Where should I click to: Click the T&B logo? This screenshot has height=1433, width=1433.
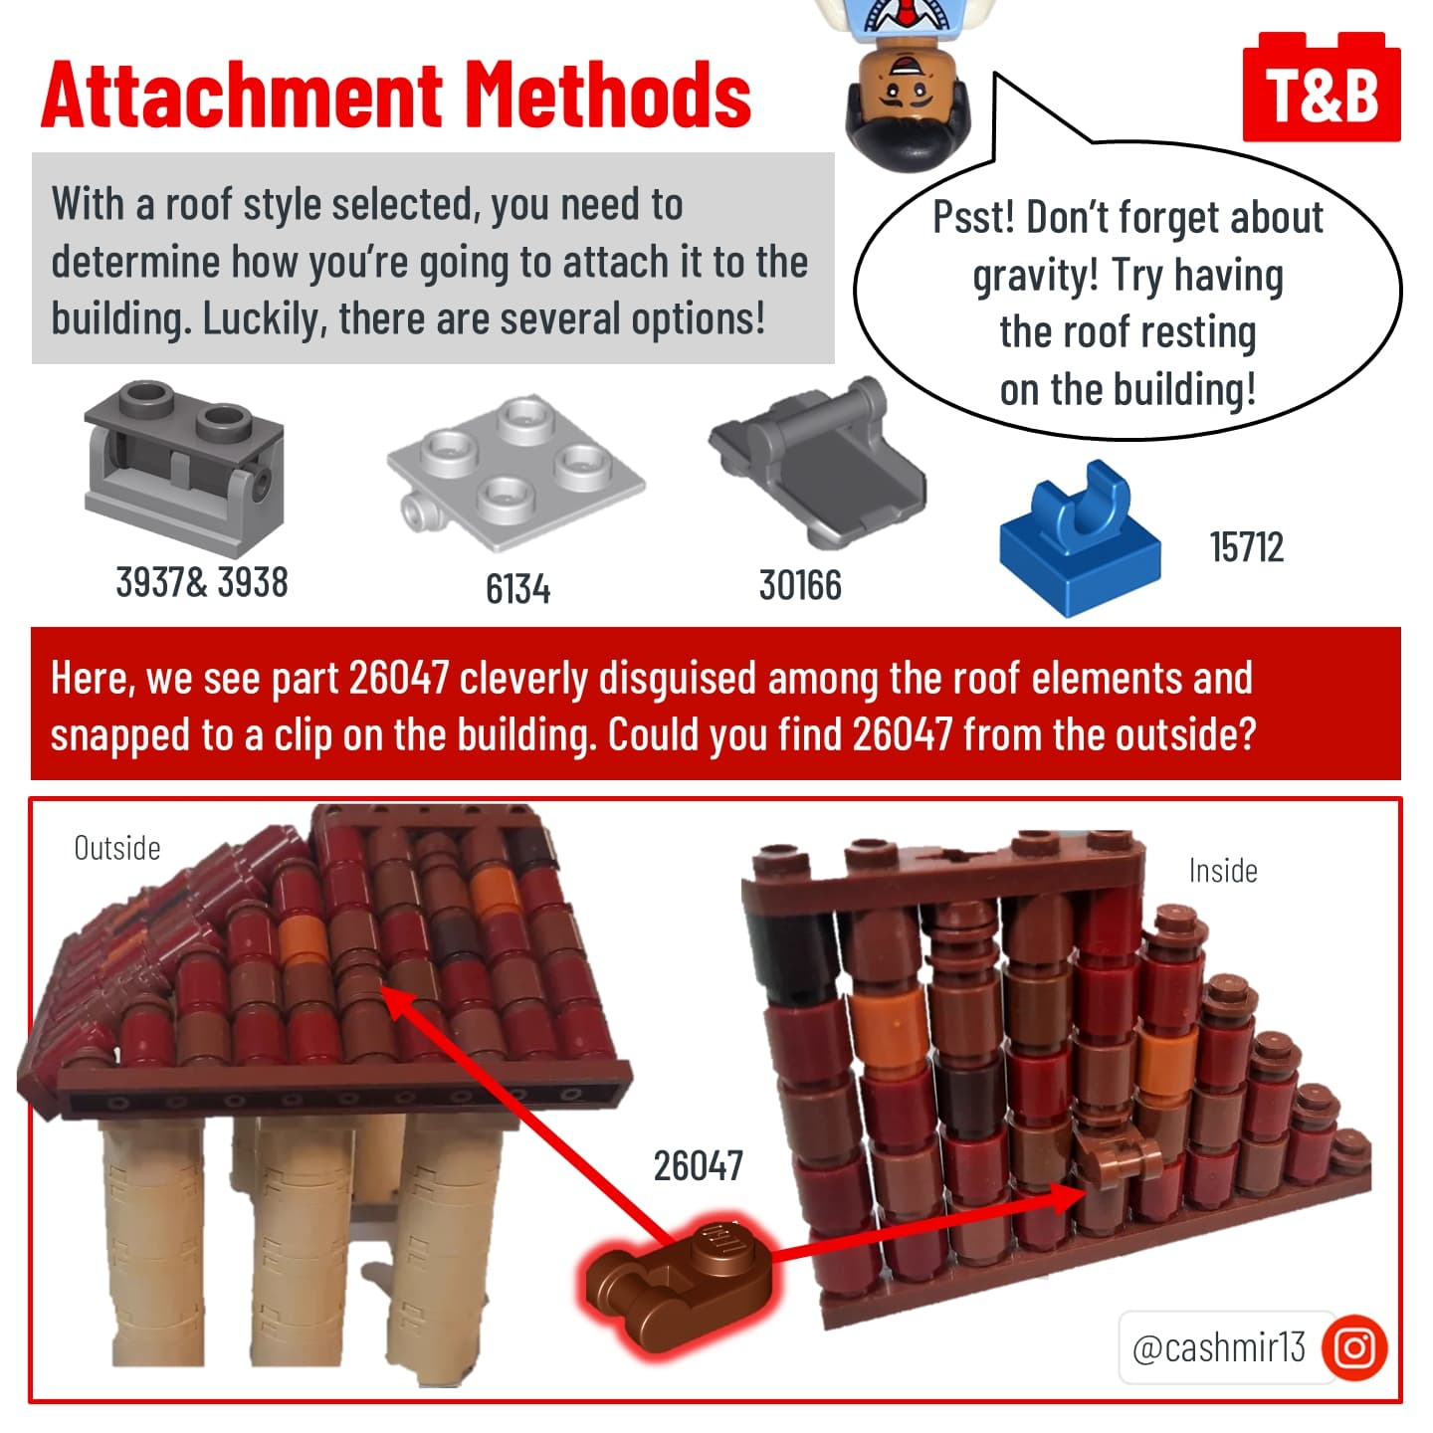pyautogui.click(x=1322, y=87)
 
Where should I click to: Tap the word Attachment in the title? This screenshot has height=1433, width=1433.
pyautogui.click(x=243, y=96)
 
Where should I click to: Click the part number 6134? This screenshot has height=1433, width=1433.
pyautogui.click(x=517, y=589)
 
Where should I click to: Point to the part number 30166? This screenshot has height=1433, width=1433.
pyautogui.click(x=800, y=584)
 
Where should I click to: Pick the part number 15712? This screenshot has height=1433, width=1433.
pyautogui.click(x=1246, y=547)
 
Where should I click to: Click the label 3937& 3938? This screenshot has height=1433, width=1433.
pyautogui.click(x=202, y=581)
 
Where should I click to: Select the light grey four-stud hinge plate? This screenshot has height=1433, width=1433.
pyautogui.click(x=515, y=473)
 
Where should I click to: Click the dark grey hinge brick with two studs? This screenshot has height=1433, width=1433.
pyautogui.click(x=184, y=469)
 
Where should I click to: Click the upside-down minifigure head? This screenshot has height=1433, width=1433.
pyautogui.click(x=908, y=104)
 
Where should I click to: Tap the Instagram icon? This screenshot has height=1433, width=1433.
pyautogui.click(x=1354, y=1346)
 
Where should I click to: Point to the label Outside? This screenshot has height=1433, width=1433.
pyautogui.click(x=116, y=848)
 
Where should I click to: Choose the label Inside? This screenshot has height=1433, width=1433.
pyautogui.click(x=1223, y=870)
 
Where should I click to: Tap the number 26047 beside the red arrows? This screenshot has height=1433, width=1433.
pyautogui.click(x=699, y=1165)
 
